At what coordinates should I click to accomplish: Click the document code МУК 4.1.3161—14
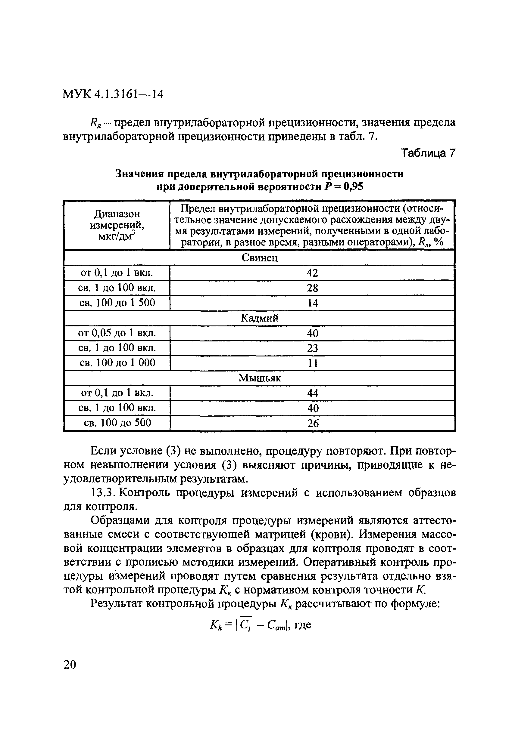coord(113,94)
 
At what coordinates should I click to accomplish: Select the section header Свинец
coord(259,258)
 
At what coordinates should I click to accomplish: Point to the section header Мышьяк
coord(259,378)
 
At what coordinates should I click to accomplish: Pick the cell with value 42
coord(312,273)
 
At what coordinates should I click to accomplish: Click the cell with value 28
coord(312,288)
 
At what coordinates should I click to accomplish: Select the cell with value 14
coord(312,303)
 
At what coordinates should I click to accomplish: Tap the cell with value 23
coord(312,348)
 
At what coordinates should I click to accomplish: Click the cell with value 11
coord(312,363)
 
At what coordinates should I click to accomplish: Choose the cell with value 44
coord(312,393)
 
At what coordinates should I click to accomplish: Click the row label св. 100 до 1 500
coord(117,302)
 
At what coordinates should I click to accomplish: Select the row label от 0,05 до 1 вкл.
coord(117,333)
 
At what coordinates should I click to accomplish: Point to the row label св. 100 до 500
coord(117,423)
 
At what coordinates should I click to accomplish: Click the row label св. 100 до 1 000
coord(117,363)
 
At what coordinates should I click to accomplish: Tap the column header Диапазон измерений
coord(117,225)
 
